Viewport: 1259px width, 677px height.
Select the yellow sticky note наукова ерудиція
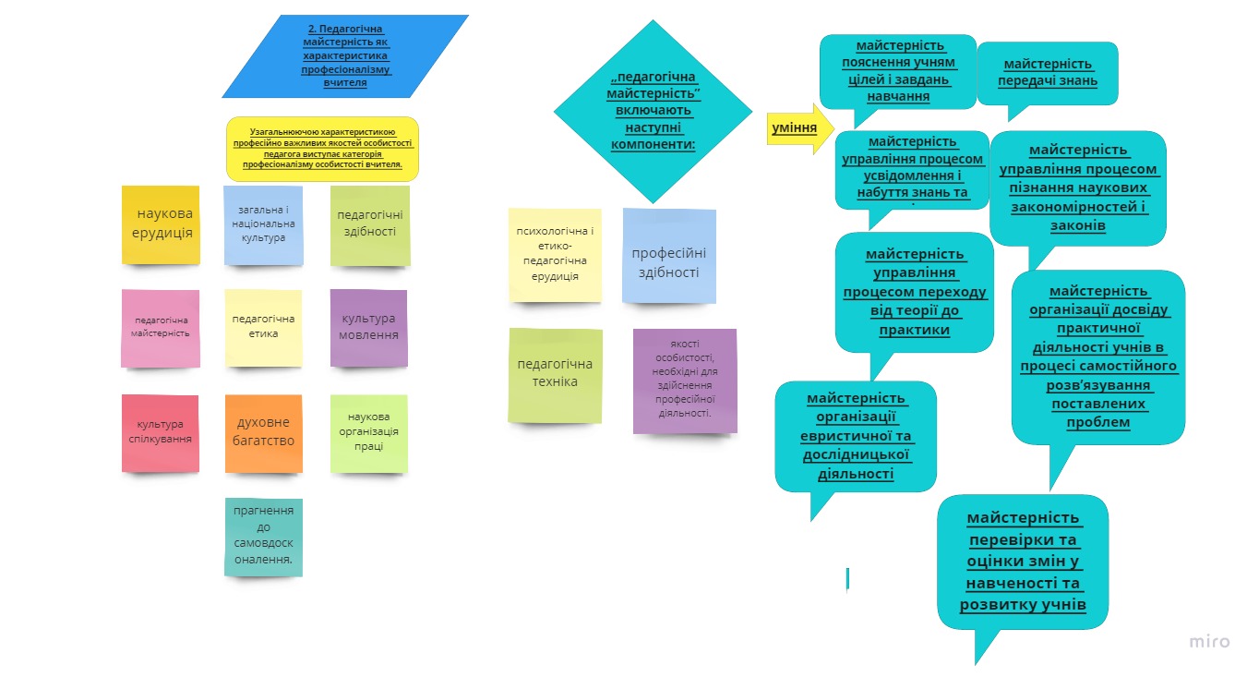pos(161,224)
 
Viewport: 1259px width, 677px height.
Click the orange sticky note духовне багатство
pos(264,432)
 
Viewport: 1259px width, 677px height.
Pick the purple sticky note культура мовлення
pos(368,327)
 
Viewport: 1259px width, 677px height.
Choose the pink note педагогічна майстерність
pos(161,328)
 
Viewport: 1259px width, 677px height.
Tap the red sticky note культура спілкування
pos(161,432)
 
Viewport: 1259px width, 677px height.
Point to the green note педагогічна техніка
pos(556,374)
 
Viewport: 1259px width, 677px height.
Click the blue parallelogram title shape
pos(345,56)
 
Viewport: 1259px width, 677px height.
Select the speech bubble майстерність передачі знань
pos(1048,72)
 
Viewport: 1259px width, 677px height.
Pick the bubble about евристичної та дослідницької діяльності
pos(856,436)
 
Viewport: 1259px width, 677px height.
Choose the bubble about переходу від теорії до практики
pos(914,291)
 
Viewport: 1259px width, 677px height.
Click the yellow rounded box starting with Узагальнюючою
pos(322,148)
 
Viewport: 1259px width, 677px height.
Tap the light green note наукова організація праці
pos(368,432)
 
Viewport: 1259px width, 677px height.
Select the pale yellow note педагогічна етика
pos(264,328)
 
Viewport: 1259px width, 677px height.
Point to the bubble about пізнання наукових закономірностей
pos(1078,187)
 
